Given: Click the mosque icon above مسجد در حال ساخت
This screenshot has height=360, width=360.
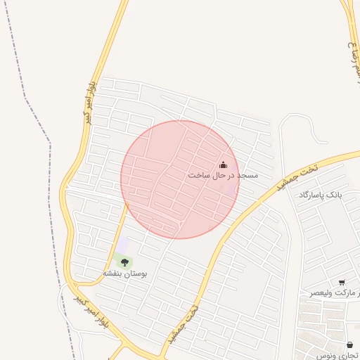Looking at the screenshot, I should (224, 165).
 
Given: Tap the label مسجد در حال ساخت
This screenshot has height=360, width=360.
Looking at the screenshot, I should (223, 174).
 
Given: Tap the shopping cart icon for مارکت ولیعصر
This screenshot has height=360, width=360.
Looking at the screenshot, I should (342, 283).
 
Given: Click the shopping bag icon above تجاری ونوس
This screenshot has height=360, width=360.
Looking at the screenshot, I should (350, 345).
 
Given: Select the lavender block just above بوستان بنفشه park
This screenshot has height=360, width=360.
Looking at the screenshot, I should (123, 245).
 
